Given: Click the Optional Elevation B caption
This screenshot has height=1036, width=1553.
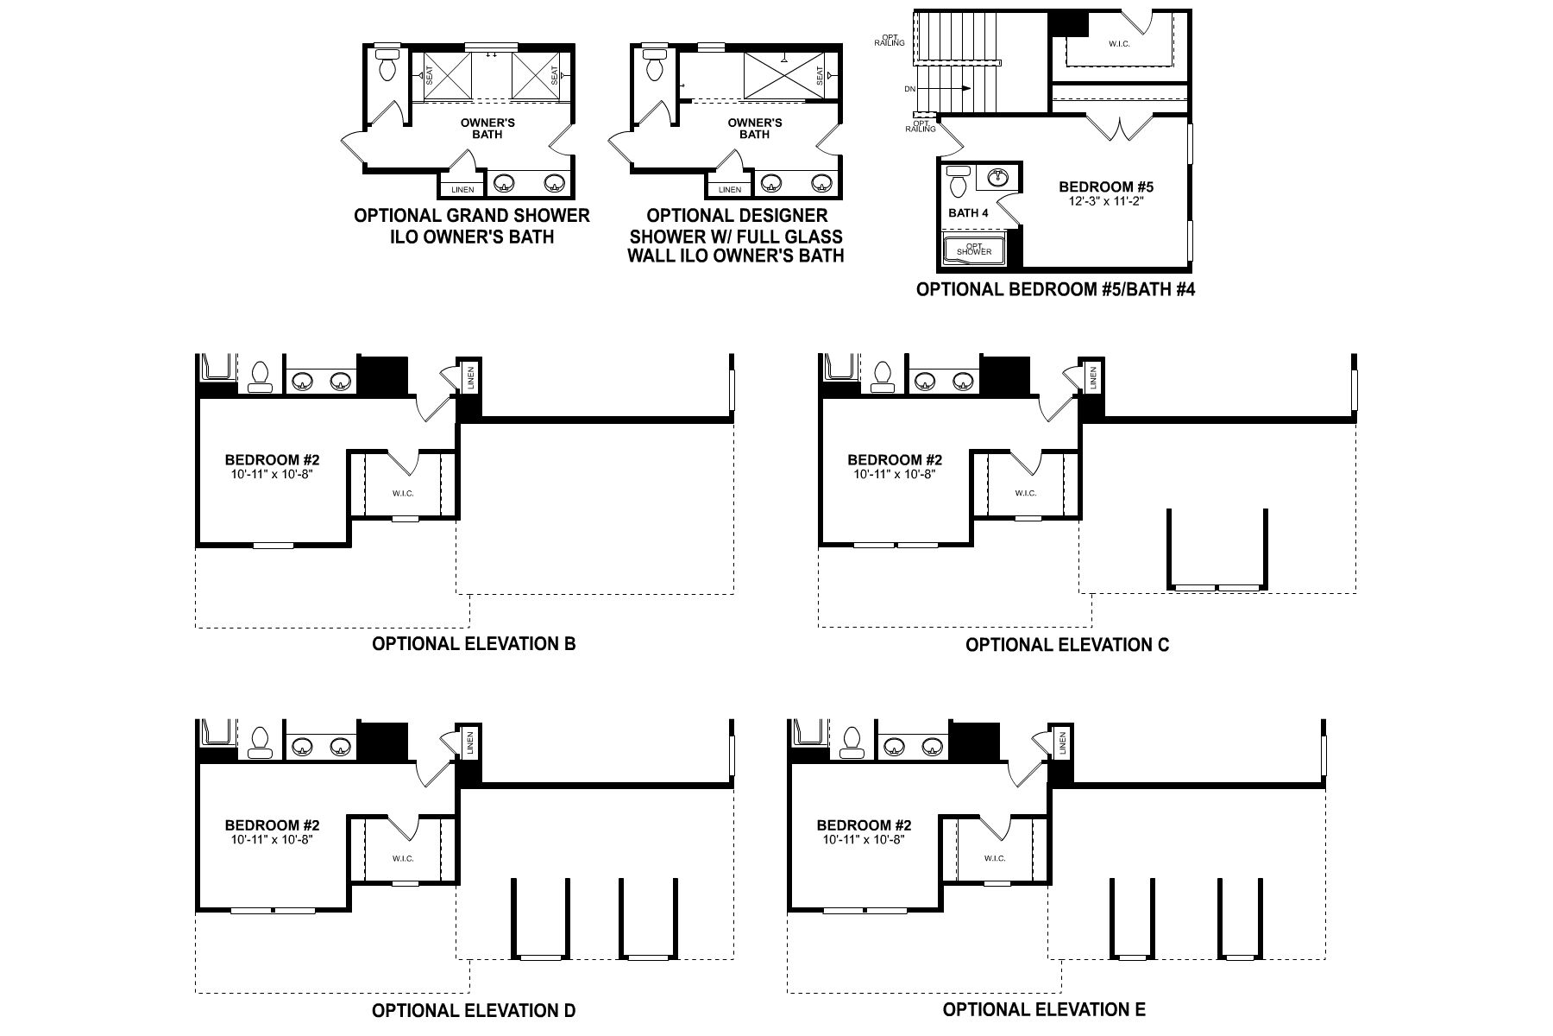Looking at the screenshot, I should pyautogui.click(x=474, y=643).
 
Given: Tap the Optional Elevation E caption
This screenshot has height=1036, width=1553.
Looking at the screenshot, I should pyautogui.click(x=1044, y=1009).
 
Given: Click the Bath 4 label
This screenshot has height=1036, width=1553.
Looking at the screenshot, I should pyautogui.click(x=963, y=212).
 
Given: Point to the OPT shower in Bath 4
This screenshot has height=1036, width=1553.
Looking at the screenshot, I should pyautogui.click(x=974, y=250).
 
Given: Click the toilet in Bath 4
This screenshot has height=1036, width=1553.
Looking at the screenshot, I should pyautogui.click(x=957, y=182).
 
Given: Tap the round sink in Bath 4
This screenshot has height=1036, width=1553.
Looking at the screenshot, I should pyautogui.click(x=998, y=178).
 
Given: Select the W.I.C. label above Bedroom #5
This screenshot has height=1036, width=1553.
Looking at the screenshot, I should pyautogui.click(x=1118, y=43).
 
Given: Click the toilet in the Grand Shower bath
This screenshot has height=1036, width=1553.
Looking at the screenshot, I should pyautogui.click(x=387, y=65).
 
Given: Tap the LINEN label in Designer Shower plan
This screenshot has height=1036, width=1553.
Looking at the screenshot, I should pyautogui.click(x=729, y=189).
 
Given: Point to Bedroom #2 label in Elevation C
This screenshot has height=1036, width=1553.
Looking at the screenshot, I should pyautogui.click(x=894, y=460).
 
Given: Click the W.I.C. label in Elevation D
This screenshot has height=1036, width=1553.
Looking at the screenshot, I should pyautogui.click(x=403, y=858).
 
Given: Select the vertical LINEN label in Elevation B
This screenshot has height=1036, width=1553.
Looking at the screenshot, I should pyautogui.click(x=471, y=377).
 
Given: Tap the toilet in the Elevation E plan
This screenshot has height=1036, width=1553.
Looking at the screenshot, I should pyautogui.click(x=851, y=741).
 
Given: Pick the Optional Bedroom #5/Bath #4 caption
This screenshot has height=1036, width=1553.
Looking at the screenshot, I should pyautogui.click(x=1054, y=289).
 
